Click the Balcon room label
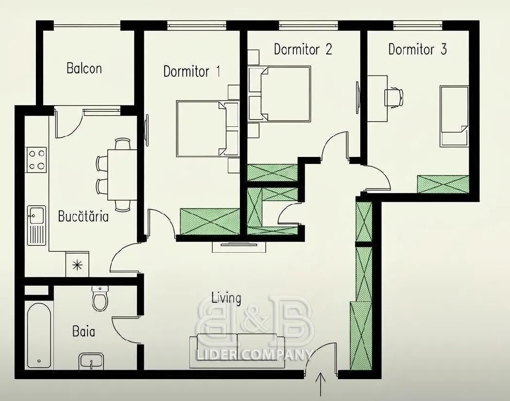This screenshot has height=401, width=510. tap(84, 69)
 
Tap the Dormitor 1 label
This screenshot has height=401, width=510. tap(191, 71)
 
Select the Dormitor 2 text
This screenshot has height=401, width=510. tap(303, 49)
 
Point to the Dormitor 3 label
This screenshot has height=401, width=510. tap(418, 49)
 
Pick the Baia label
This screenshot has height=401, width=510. tap(84, 331)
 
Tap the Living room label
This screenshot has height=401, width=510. tap(226, 298)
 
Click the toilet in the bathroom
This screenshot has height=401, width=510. tap(100, 298)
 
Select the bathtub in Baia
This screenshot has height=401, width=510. tap(39, 335)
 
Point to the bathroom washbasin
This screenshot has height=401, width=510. tap(91, 361)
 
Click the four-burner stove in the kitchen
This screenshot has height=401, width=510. tap(36, 159)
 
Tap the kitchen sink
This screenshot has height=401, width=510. tap(36, 225)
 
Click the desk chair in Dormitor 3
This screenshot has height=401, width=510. tap(393, 97)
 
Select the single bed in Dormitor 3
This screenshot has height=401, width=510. tap(454, 116)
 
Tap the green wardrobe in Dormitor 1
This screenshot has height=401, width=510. tap(210, 221)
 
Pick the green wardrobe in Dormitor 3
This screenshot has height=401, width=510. tap(443, 184)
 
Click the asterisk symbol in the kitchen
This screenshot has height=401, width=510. tap(77, 265)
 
